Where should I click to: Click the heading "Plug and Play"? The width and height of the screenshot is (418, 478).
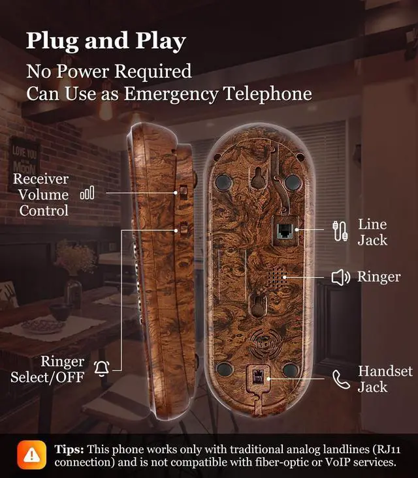pos(106,40)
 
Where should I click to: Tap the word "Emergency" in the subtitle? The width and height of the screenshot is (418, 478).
pos(172,93)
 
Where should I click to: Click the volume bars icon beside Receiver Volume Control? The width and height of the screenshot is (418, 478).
pos(87,193)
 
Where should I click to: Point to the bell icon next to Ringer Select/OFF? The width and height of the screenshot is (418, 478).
pos(101,368)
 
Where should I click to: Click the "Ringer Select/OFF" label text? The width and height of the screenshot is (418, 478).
pos(47,369)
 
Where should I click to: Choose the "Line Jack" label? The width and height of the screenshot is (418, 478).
pos(372,232)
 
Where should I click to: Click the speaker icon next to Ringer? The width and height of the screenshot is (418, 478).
pos(341,278)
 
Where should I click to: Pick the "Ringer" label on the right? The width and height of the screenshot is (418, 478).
pos(379,277)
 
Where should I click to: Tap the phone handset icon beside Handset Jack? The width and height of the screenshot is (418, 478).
pos(340,379)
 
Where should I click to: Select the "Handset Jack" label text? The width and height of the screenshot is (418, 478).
pos(385,379)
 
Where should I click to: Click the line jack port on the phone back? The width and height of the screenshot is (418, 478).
pos(285,230)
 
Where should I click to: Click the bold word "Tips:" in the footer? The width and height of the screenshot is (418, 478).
pos(69,450)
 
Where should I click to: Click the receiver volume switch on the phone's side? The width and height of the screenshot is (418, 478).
pos(184,192)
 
